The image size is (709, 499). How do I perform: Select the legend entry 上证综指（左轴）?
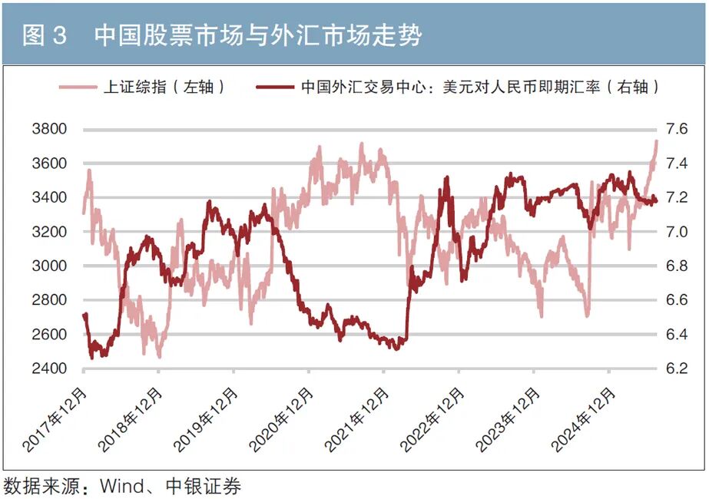[164, 87]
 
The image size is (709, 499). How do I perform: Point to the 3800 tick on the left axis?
[50, 129]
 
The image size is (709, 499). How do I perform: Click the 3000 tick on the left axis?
[50, 266]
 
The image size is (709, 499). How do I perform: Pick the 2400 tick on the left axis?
[50, 368]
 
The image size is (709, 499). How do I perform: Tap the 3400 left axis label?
[50, 197]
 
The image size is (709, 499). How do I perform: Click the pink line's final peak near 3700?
[657, 141]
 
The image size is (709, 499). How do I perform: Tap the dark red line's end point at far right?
[657, 202]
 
